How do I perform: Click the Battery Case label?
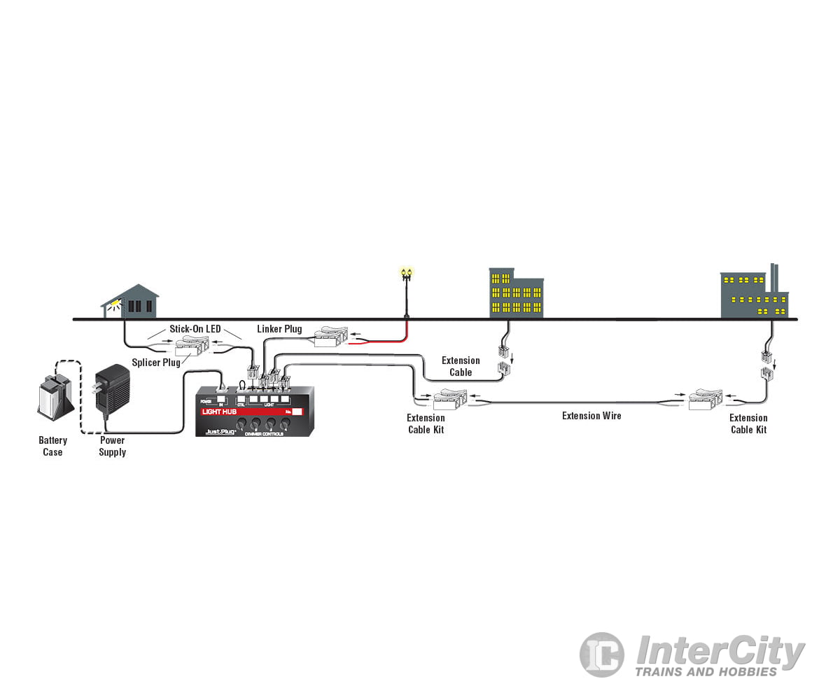(52, 446)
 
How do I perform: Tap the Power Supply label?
(112, 446)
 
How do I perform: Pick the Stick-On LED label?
(195, 329)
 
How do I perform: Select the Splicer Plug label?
(156, 363)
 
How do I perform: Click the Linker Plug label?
(279, 329)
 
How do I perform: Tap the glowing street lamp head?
(406, 272)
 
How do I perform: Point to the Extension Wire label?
(591, 416)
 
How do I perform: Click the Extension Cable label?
(461, 366)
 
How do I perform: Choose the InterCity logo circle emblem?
(601, 654)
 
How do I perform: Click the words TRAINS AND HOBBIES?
(706, 672)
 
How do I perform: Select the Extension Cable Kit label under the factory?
(748, 423)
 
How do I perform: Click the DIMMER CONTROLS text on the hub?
(263, 434)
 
